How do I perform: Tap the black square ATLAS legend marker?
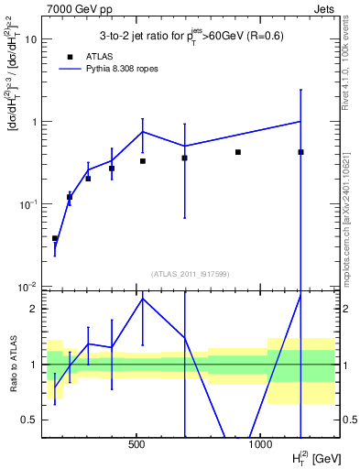[69, 56]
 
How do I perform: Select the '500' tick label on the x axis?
[136, 445]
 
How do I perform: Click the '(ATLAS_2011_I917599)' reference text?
[189, 273]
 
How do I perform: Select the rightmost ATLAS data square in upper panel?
[300, 152]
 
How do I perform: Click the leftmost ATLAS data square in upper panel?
[55, 238]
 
